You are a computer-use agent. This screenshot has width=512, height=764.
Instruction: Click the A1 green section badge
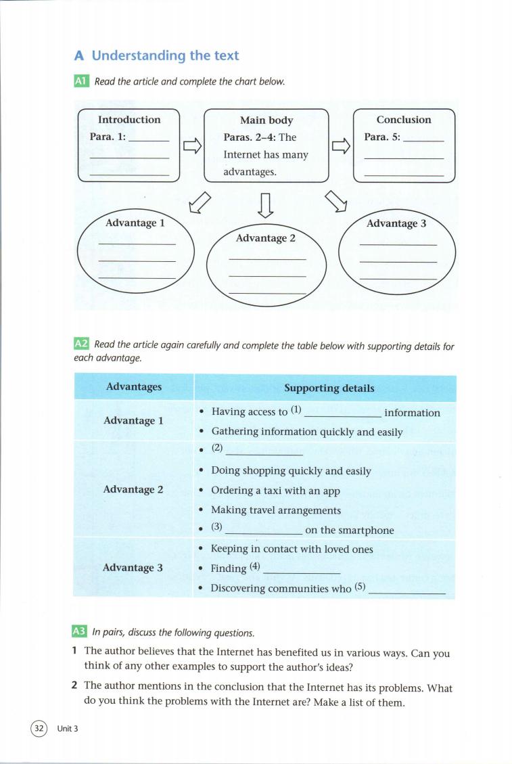click(x=80, y=81)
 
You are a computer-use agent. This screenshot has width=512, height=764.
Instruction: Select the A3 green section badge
click(x=79, y=633)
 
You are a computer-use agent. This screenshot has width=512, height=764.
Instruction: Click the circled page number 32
click(x=39, y=728)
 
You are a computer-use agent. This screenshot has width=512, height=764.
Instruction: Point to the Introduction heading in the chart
click(x=129, y=120)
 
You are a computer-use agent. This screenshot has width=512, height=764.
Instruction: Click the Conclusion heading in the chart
click(x=404, y=120)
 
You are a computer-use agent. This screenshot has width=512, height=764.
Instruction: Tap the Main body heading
click(x=266, y=120)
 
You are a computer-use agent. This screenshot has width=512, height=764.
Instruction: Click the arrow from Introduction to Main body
click(x=192, y=146)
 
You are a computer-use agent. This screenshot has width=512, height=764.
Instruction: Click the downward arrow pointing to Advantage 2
click(x=266, y=206)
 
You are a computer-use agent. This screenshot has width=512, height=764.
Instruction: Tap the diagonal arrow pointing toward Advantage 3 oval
click(x=336, y=201)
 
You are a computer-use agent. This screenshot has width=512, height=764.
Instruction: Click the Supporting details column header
click(x=329, y=388)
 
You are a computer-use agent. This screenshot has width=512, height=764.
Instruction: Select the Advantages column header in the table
click(x=134, y=387)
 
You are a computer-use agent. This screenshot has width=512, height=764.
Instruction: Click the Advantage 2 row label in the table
click(x=133, y=489)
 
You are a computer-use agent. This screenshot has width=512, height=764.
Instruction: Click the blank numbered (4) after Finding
click(x=300, y=570)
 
